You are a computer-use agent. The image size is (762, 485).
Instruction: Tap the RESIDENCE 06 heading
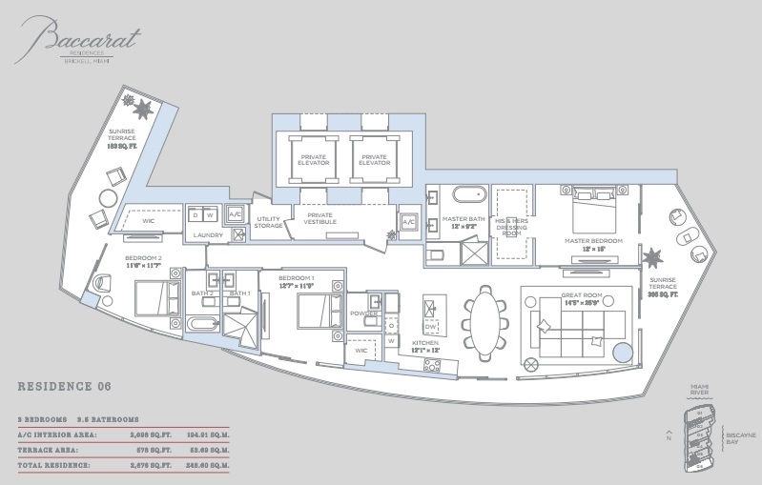tap(65, 386)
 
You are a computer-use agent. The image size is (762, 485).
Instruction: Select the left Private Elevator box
tap(314, 158)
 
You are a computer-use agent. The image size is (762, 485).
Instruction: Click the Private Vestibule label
tap(320, 220)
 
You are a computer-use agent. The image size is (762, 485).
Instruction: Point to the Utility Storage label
tap(269, 222)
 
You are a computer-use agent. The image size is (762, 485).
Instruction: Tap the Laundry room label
tap(208, 234)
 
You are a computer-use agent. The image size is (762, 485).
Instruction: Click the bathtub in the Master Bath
tap(467, 196)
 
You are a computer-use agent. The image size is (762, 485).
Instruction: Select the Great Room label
tap(580, 295)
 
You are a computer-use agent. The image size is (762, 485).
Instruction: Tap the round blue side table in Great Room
tap(622, 354)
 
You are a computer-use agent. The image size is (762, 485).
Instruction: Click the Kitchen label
tap(423, 342)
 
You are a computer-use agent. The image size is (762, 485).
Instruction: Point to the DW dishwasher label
tap(429, 325)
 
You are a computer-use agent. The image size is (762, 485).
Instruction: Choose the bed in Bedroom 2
tap(154, 298)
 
